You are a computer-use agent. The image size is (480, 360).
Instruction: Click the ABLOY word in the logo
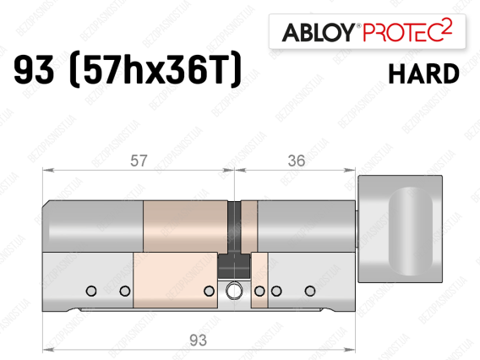click(318, 32)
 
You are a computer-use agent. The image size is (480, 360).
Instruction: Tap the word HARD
click(423, 74)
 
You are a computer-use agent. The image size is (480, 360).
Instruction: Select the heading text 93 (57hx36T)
click(128, 70)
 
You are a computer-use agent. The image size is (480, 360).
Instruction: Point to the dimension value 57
click(139, 161)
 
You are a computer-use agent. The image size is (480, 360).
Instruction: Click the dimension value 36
click(297, 161)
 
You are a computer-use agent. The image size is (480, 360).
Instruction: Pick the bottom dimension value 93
click(198, 340)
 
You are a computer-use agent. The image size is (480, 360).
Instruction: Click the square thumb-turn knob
click(400, 229)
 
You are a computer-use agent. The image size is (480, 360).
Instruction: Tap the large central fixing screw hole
click(234, 290)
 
